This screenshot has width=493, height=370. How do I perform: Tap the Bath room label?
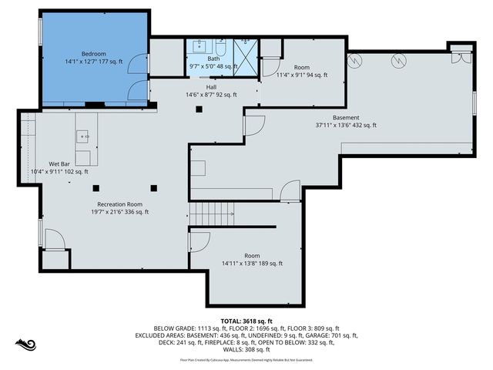pyautogui.click(x=213, y=59)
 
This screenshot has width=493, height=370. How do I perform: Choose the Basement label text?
pyautogui.click(x=346, y=117)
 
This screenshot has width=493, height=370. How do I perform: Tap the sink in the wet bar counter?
pyautogui.click(x=83, y=137)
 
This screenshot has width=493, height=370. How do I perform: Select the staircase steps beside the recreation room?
pyautogui.click(x=212, y=210)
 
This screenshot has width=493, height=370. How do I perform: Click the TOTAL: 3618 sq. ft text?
pyautogui.click(x=246, y=321)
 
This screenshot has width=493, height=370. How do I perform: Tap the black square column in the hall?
pyautogui.click(x=199, y=109)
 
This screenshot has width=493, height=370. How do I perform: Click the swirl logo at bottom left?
pyautogui.click(x=23, y=343)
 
